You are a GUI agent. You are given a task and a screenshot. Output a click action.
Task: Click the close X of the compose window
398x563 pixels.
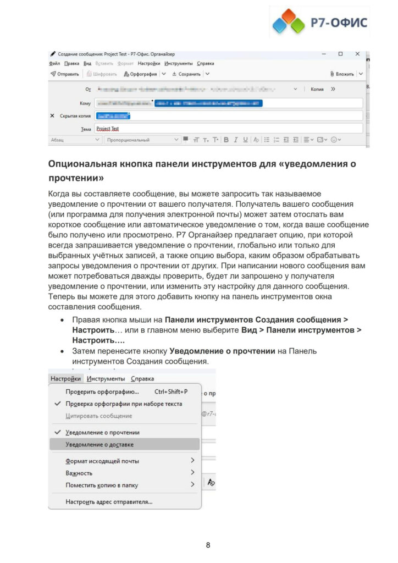(x=357, y=54)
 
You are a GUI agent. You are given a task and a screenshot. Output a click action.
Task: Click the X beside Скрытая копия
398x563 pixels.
(x=52, y=116)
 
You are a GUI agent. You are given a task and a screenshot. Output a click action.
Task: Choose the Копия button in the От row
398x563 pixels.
(x=317, y=89)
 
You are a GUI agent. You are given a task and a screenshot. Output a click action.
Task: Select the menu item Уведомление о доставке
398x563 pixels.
(x=99, y=444)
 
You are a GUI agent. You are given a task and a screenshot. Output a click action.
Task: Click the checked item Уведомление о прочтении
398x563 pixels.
(x=102, y=432)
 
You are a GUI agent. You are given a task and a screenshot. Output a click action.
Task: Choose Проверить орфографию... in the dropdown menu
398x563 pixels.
(x=102, y=392)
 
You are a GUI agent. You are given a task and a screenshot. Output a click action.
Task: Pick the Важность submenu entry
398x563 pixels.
(x=79, y=473)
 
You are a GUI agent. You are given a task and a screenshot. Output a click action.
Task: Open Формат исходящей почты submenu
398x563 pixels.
(x=102, y=461)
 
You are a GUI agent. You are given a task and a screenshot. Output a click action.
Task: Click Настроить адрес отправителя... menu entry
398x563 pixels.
(x=109, y=501)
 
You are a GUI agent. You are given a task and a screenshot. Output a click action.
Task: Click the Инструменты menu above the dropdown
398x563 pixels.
(x=106, y=379)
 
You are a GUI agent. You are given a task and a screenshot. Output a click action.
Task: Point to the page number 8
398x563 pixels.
(x=208, y=545)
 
